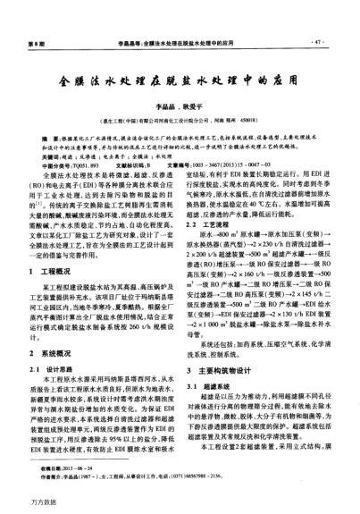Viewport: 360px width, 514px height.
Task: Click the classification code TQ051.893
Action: click(72, 166)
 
